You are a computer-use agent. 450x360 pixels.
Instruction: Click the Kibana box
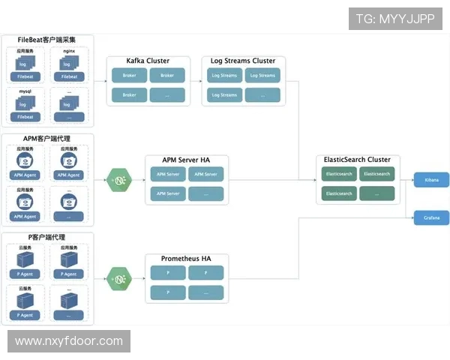click(x=431, y=180)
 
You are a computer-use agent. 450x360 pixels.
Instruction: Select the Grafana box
click(x=431, y=217)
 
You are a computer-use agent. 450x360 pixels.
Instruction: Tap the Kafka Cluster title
click(x=148, y=61)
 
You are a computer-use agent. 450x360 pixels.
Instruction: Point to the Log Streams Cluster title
click(x=244, y=61)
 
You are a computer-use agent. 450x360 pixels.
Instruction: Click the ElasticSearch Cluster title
click(x=357, y=160)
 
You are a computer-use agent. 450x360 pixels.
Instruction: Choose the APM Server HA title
click(x=186, y=160)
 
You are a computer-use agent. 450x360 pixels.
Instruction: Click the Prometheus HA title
click(x=186, y=259)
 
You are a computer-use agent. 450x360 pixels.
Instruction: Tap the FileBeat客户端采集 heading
click(x=46, y=40)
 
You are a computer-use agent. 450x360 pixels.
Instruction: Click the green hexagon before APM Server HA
click(x=118, y=180)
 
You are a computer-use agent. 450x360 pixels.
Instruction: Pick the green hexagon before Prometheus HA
click(x=118, y=278)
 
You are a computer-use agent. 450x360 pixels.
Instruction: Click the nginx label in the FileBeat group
click(x=69, y=50)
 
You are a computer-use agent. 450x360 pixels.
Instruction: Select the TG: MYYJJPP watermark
click(x=394, y=19)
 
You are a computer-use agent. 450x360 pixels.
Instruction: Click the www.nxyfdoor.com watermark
click(x=69, y=341)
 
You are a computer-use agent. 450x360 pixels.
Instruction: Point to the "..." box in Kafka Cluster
click(x=167, y=95)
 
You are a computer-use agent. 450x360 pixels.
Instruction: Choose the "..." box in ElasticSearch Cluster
click(x=376, y=193)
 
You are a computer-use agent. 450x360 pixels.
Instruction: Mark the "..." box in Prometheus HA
click(x=206, y=292)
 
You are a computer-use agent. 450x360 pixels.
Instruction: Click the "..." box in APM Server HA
click(x=206, y=193)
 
